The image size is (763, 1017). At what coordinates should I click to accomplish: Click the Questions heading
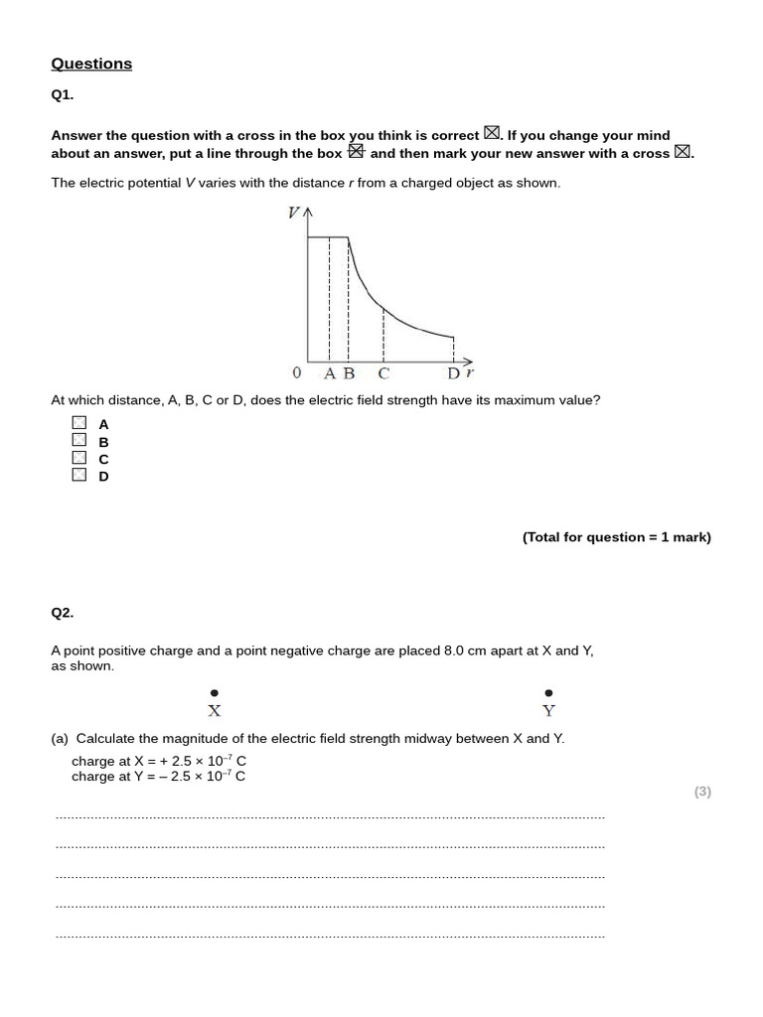pyautogui.click(x=91, y=64)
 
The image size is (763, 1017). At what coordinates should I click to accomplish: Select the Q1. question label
pyautogui.click(x=63, y=95)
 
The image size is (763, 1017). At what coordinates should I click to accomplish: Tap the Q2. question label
pyautogui.click(x=63, y=613)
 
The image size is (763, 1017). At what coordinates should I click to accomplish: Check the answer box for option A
pyautogui.click(x=79, y=423)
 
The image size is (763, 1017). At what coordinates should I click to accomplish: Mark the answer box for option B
pyautogui.click(x=79, y=440)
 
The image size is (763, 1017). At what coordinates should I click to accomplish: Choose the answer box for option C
pyautogui.click(x=79, y=458)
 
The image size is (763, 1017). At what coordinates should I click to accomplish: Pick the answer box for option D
pyautogui.click(x=79, y=475)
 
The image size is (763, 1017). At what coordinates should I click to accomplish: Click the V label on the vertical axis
pyautogui.click(x=294, y=213)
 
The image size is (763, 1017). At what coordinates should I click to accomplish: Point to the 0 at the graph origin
pyautogui.click(x=296, y=373)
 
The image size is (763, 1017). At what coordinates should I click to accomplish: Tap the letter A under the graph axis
pyautogui.click(x=331, y=373)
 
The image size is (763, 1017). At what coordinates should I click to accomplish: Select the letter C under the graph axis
pyautogui.click(x=383, y=373)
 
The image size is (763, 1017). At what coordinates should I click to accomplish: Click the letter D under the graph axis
pyautogui.click(x=453, y=373)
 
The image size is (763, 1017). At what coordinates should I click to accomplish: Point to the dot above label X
pyautogui.click(x=215, y=693)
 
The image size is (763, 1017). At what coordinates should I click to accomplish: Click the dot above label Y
pyautogui.click(x=549, y=693)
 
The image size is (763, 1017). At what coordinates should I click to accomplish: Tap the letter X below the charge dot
pyautogui.click(x=215, y=711)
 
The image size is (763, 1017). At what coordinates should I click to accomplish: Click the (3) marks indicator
pyautogui.click(x=702, y=792)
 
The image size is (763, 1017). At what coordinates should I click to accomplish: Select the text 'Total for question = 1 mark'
pyautogui.click(x=616, y=537)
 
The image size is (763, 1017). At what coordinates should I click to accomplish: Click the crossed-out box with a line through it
pyautogui.click(x=357, y=152)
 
